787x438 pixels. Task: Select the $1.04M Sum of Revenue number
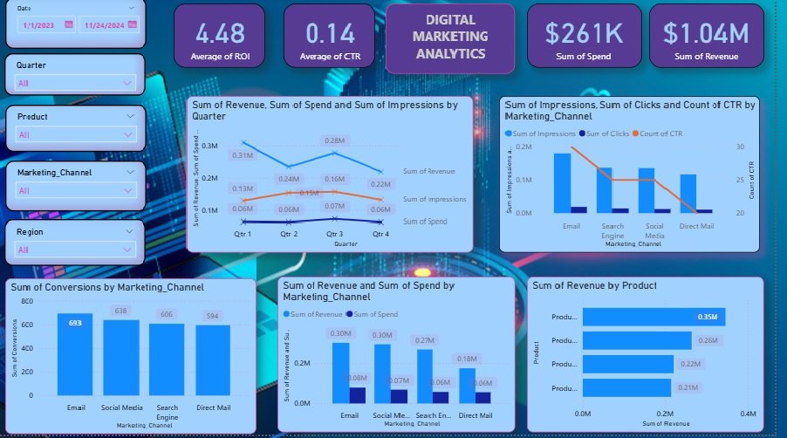coord(706,33)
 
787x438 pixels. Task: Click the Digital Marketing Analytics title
coord(449,36)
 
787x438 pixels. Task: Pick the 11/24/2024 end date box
coord(107,25)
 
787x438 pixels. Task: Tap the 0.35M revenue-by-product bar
coord(654,317)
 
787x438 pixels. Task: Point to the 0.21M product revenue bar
coord(626,387)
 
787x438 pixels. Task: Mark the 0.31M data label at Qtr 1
coord(243,154)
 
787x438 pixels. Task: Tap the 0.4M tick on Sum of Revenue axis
coord(747,412)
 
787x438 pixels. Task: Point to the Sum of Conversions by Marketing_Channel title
coord(108,286)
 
